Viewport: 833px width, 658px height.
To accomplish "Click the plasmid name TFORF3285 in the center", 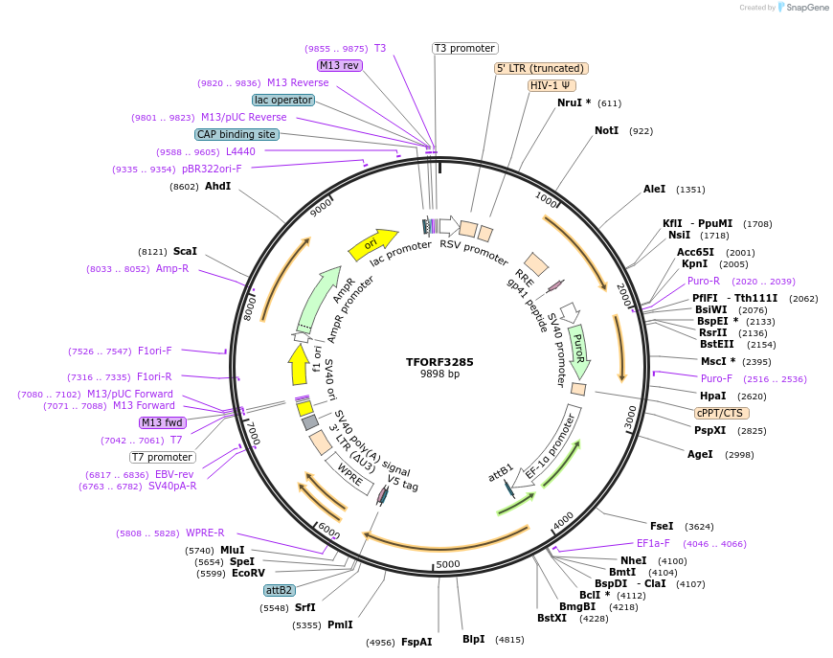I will pyautogui.click(x=439, y=362).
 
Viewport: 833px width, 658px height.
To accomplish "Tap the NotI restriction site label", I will pyautogui.click(x=606, y=130).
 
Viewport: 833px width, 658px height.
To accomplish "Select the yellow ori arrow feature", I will pyautogui.click(x=372, y=242).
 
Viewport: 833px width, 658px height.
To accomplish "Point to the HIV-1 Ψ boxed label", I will pyautogui.click(x=552, y=85).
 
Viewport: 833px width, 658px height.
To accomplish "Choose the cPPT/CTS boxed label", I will pyautogui.click(x=719, y=413).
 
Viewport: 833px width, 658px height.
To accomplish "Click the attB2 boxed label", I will pyautogui.click(x=280, y=590).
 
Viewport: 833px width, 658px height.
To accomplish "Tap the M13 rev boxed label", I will pyautogui.click(x=339, y=65).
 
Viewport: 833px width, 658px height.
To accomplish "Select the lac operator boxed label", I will pyautogui.click(x=282, y=100).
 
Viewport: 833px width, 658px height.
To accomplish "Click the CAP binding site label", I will pyautogui.click(x=236, y=135).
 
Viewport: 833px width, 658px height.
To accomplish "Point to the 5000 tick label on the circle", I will pyautogui.click(x=448, y=564).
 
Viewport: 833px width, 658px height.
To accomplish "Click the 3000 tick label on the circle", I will pyautogui.click(x=629, y=417).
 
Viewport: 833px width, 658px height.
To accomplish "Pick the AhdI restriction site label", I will pyautogui.click(x=217, y=186).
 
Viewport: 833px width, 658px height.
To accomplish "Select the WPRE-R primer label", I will pyautogui.click(x=205, y=533).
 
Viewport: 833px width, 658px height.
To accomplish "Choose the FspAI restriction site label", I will pyautogui.click(x=416, y=642).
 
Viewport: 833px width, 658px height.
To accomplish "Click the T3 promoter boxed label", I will pyautogui.click(x=464, y=48).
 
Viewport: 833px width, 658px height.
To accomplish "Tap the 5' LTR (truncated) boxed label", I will pyautogui.click(x=541, y=68).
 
